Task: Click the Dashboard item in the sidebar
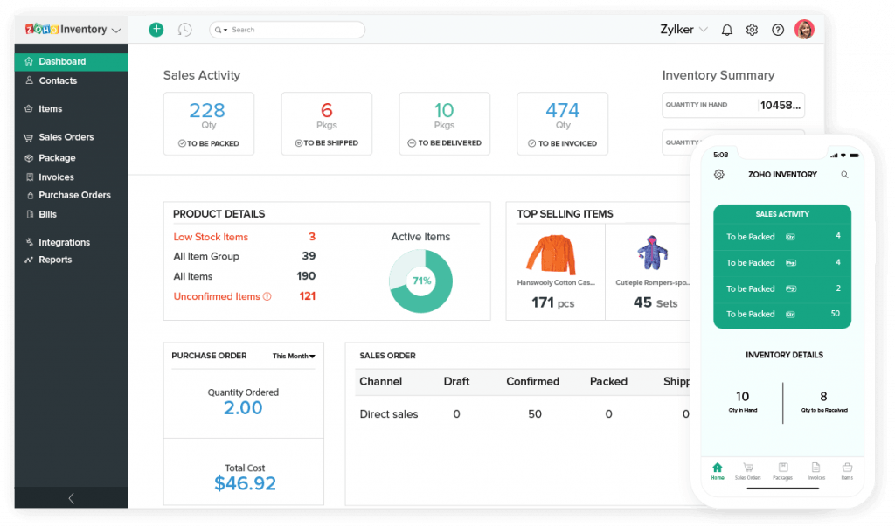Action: point(61,61)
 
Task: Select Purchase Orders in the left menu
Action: point(73,195)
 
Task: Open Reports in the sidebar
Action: point(54,260)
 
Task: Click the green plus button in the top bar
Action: point(156,30)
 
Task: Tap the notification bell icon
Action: point(727,30)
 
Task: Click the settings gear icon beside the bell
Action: point(752,30)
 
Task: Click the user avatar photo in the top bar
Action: point(804,30)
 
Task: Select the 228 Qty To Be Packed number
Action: point(207,110)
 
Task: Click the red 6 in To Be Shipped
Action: point(327,110)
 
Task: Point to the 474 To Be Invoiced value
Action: point(562,110)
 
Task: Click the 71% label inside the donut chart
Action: point(420,281)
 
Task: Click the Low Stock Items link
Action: point(211,237)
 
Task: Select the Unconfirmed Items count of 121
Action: point(307,296)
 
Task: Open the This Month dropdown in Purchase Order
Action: point(294,356)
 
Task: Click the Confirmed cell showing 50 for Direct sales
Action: point(534,414)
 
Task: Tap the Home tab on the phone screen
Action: point(718,471)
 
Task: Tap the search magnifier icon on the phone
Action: point(844,175)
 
